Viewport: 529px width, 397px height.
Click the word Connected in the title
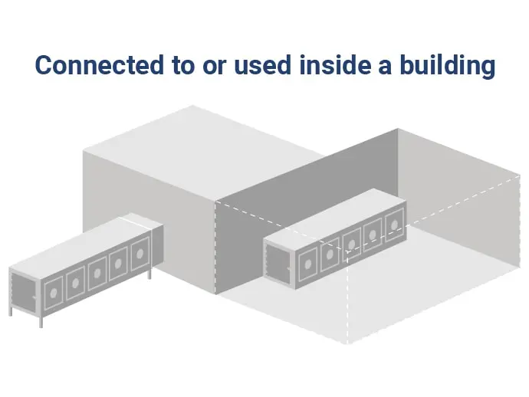[x=100, y=64]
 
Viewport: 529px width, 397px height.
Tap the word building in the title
[x=448, y=67]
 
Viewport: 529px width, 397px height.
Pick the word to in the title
[x=183, y=66]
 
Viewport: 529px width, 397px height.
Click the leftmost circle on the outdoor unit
[x=54, y=293]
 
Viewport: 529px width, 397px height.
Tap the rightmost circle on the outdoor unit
[x=140, y=254]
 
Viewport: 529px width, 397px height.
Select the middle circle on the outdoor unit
[x=97, y=274]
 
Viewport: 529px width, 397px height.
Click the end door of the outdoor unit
[x=23, y=292]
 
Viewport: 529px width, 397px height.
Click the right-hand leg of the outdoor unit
[x=149, y=274]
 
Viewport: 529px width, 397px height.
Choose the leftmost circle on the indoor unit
[x=308, y=264]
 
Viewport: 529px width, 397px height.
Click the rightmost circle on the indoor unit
[x=394, y=225]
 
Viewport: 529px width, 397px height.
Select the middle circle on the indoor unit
[x=352, y=244]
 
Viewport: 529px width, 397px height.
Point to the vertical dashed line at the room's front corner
[x=347, y=297]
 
